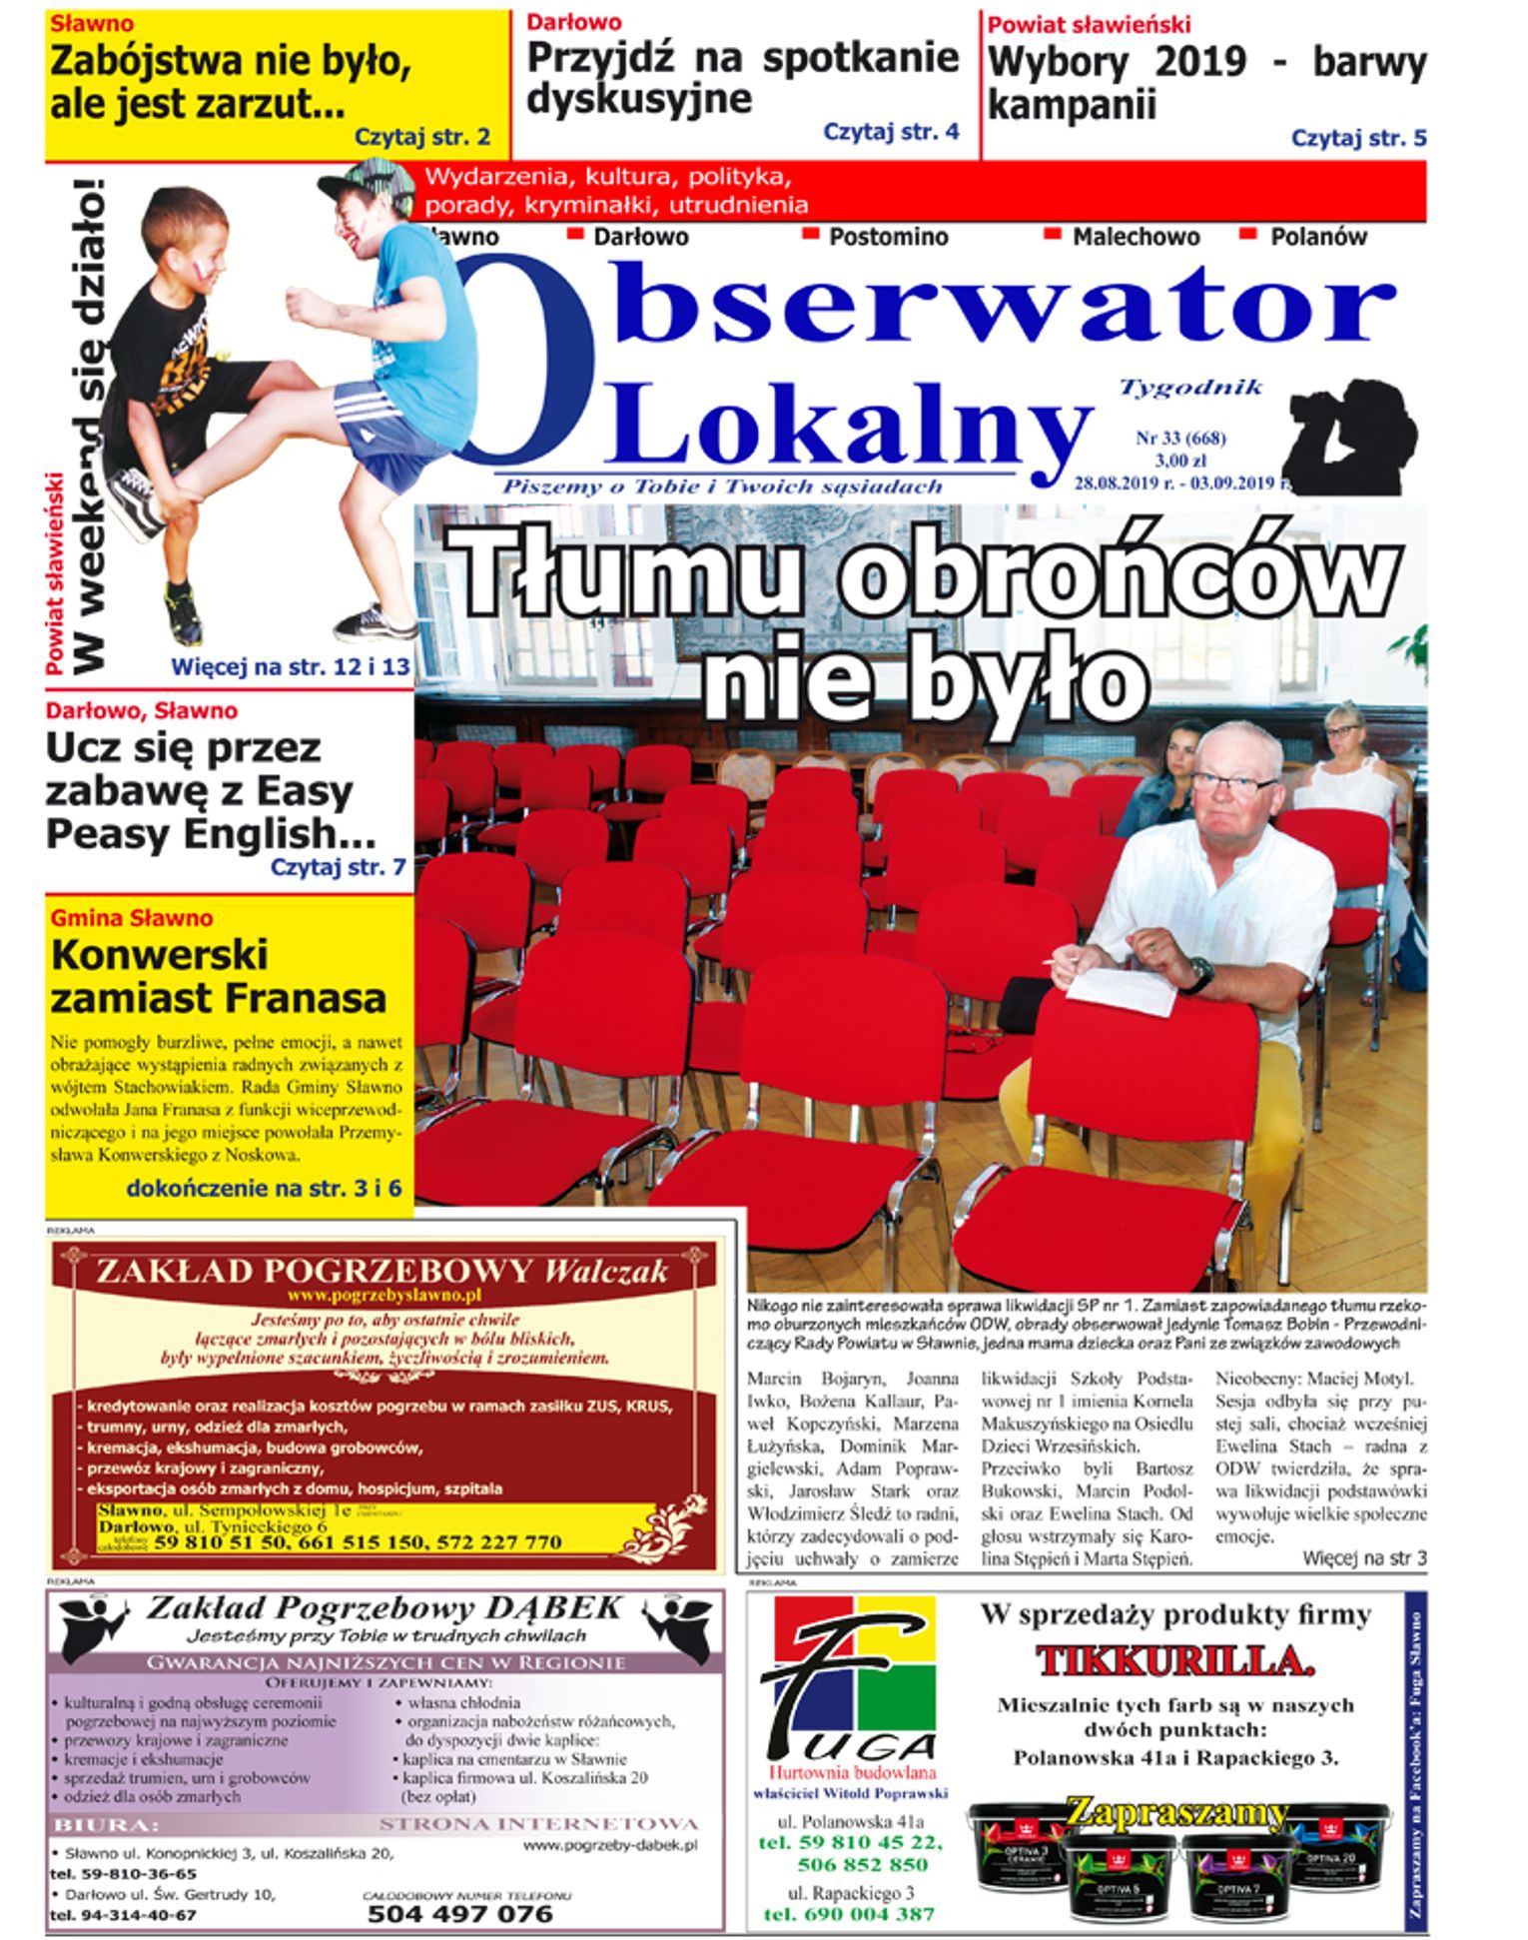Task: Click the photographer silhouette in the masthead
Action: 1353,431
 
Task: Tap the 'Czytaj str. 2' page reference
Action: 422,138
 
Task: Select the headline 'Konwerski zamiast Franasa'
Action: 219,976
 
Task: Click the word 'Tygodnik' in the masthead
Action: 1191,388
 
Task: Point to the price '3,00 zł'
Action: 1180,461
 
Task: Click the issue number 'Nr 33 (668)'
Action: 1180,438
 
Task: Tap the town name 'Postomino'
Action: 888,237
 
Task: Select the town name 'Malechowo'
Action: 1136,237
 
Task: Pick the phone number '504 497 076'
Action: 459,1913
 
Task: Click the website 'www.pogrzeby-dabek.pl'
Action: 609,1846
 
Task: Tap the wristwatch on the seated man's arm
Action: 1199,974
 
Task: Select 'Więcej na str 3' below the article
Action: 1364,1557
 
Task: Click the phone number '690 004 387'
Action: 849,1914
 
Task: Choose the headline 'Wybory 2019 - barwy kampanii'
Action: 1206,83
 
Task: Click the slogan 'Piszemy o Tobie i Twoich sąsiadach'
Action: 722,487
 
